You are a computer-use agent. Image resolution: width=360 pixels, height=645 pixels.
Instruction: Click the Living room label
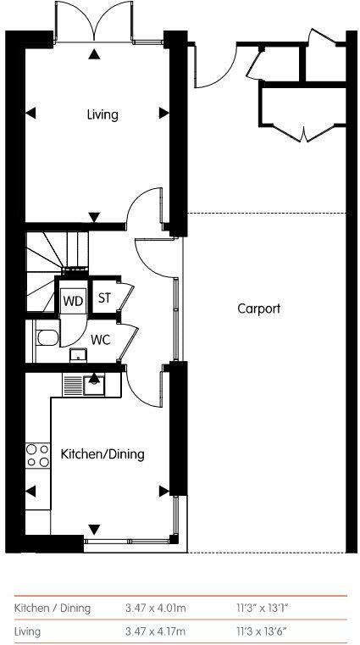pyautogui.click(x=102, y=114)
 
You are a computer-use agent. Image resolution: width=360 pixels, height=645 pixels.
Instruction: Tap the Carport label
pyautogui.click(x=258, y=309)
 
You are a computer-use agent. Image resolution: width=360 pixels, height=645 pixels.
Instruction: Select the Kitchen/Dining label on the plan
pyautogui.click(x=102, y=454)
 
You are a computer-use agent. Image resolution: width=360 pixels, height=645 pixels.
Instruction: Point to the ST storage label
pyautogui.click(x=105, y=298)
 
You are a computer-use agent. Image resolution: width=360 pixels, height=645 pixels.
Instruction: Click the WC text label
pyautogui.click(x=102, y=339)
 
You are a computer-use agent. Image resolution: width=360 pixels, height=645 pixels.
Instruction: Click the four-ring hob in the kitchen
pyautogui.click(x=38, y=455)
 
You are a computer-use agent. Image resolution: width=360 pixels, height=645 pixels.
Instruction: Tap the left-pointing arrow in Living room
pyautogui.click(x=30, y=114)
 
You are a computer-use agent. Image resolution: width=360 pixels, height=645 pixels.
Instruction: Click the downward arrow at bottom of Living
pyautogui.click(x=95, y=216)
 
